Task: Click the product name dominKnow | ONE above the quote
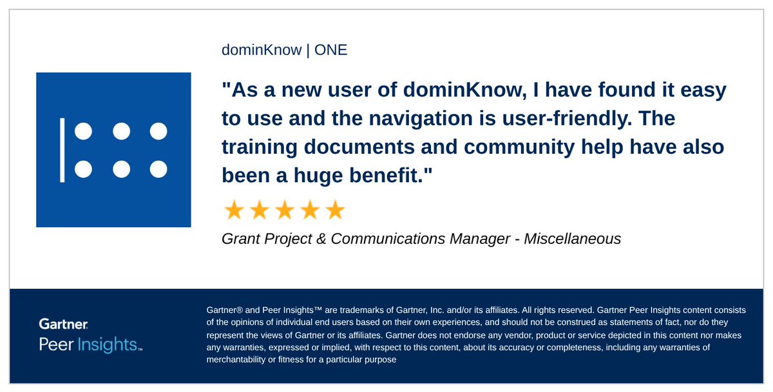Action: [x=284, y=50]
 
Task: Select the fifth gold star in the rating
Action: [x=335, y=210]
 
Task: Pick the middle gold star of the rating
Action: [x=284, y=210]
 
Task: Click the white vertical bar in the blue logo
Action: [x=62, y=149]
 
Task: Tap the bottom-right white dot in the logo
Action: [x=158, y=169]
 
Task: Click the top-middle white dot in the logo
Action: [x=121, y=131]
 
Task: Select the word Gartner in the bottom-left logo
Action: [x=63, y=324]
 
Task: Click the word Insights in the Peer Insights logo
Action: [x=107, y=344]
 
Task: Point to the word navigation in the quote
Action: [x=451, y=119]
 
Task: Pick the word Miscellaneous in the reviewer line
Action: [x=573, y=239]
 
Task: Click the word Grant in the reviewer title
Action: [x=241, y=239]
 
